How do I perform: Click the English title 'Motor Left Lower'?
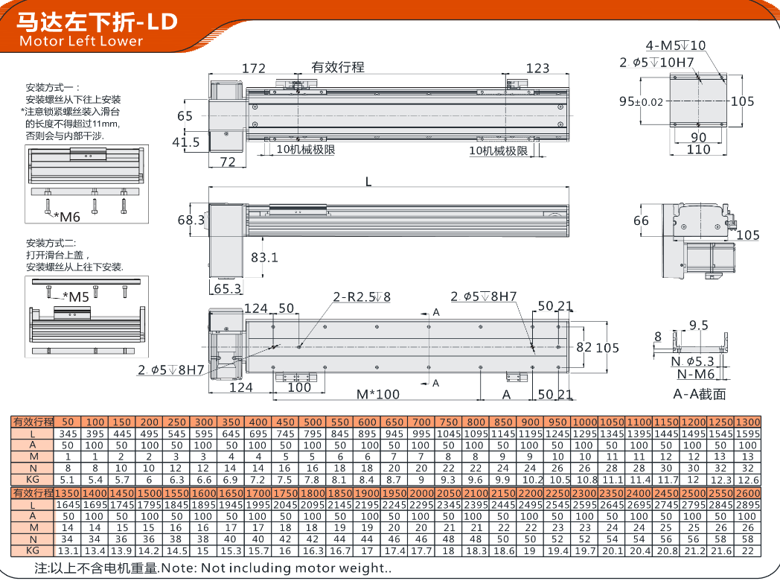click(81, 41)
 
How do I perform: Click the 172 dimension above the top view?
click(254, 69)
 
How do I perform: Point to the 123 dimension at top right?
click(538, 69)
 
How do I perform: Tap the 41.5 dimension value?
click(186, 142)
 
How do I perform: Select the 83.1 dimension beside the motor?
click(264, 258)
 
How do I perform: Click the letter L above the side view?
click(368, 182)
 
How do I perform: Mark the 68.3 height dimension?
click(191, 220)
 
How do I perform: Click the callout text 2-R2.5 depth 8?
click(362, 297)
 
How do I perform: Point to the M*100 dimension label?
click(378, 394)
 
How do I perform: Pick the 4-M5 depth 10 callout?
click(676, 45)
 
